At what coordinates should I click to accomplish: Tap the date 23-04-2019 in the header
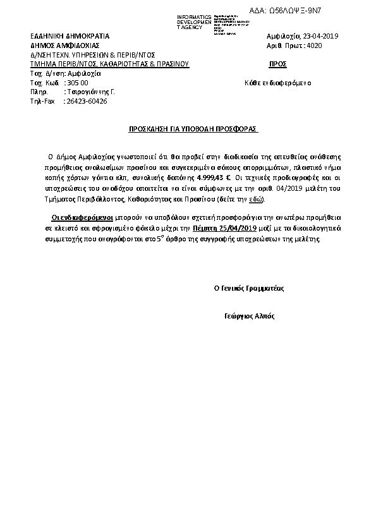[x=322, y=36]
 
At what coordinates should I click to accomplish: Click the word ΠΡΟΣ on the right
[x=278, y=64]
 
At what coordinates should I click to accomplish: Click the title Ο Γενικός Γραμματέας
[x=249, y=287]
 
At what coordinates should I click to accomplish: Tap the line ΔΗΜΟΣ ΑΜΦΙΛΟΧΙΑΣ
[x=64, y=45]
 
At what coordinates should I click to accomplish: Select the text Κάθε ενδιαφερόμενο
[x=277, y=83]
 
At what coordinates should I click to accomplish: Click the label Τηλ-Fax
[x=43, y=101]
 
